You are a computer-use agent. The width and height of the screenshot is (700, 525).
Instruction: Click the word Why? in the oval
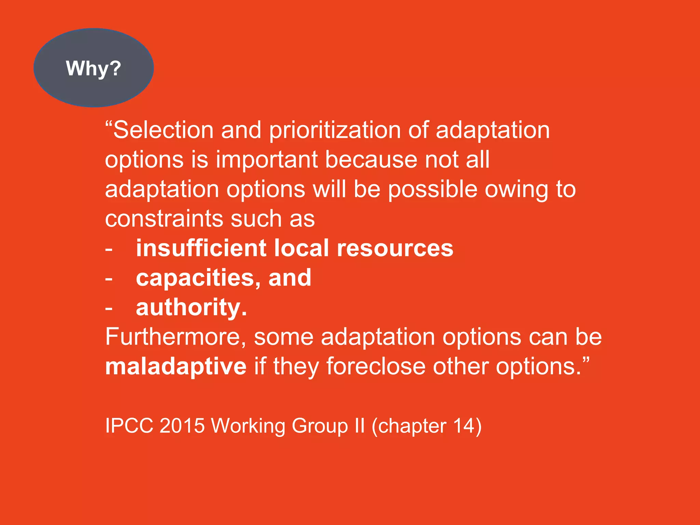[x=93, y=68]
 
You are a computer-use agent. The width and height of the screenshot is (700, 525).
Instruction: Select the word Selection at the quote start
[x=163, y=130]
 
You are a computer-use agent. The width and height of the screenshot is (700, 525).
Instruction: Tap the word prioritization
[x=335, y=130]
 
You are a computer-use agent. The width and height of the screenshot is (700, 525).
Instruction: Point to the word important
[x=267, y=160]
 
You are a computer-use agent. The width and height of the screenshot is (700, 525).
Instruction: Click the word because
[x=371, y=160]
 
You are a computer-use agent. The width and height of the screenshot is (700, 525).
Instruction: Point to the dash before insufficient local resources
[x=109, y=250]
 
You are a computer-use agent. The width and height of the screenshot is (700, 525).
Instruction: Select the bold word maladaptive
[x=176, y=366]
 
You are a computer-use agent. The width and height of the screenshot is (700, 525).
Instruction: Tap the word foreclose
[x=376, y=366]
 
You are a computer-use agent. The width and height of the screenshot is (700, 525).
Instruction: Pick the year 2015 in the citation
[x=182, y=426]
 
